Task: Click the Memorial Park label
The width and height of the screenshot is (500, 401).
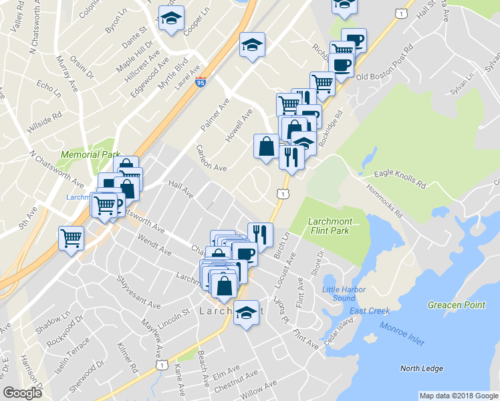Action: pos(90,154)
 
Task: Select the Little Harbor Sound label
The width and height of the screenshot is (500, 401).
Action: pos(339,293)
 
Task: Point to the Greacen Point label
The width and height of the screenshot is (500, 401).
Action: pos(457,305)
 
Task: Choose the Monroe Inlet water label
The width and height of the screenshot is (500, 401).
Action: pos(402,333)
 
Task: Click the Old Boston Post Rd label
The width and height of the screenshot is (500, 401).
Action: pos(382,77)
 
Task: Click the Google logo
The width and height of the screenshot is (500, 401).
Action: pos(22,393)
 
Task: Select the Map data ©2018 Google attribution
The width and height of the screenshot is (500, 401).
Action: pos(458,396)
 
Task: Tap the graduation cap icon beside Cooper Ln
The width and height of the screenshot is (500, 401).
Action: pos(172,19)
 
